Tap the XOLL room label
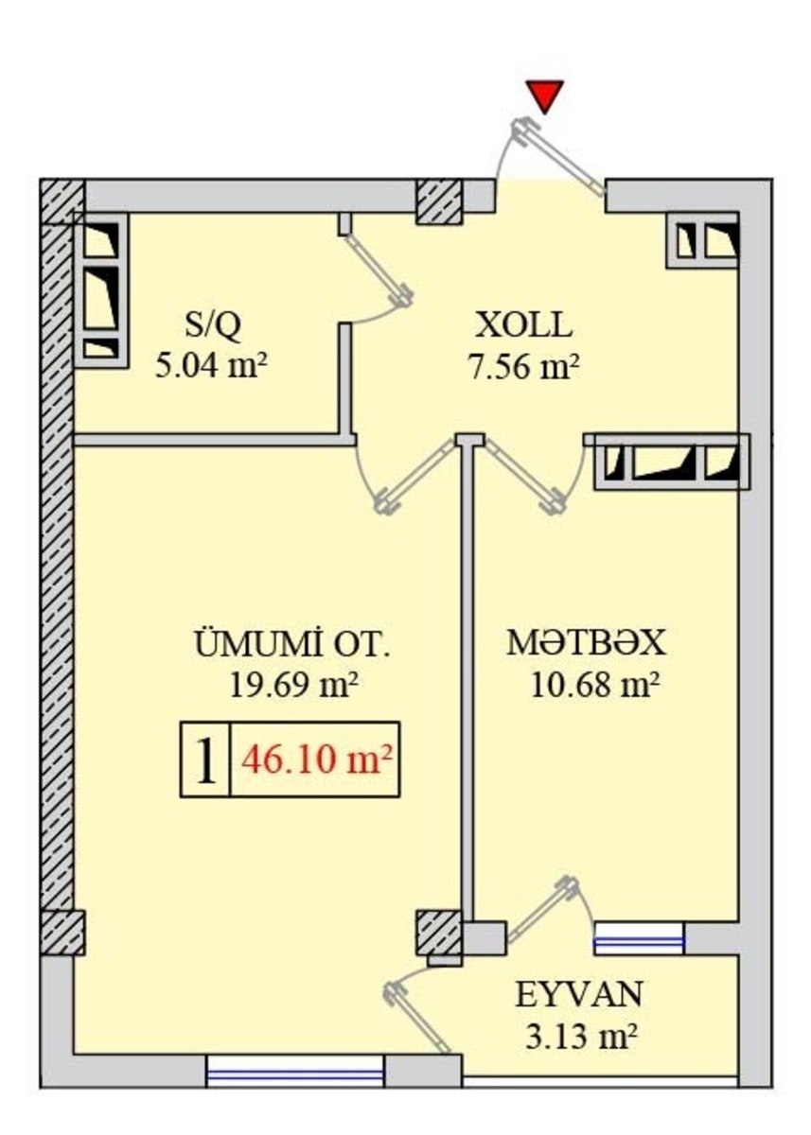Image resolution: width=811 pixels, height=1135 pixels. [523, 325]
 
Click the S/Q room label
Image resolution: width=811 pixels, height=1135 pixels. [213, 325]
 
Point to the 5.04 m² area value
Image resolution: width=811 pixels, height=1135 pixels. [211, 366]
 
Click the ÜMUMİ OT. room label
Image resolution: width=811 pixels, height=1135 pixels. [292, 643]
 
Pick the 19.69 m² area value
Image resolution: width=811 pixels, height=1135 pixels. [294, 685]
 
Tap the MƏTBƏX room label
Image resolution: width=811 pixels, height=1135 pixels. [587, 643]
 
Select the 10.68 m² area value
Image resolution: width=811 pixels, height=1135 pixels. [595, 685]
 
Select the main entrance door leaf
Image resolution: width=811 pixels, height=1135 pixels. [559, 157]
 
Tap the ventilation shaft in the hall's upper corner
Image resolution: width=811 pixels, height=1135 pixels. [701, 239]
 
